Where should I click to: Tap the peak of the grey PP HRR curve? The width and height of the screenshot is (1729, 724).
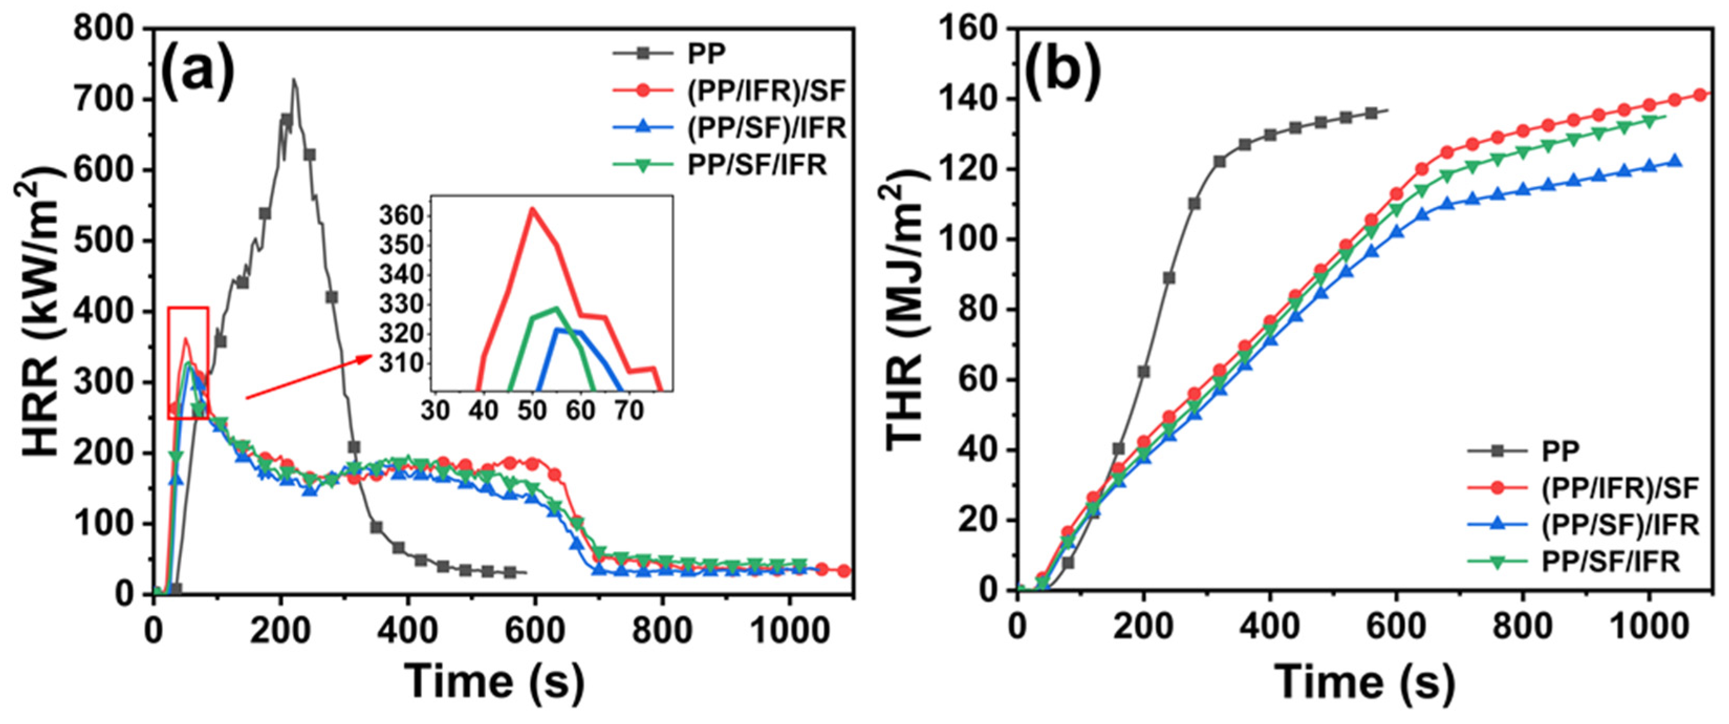click(x=293, y=80)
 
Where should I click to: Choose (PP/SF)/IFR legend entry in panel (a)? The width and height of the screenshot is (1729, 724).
click(x=766, y=127)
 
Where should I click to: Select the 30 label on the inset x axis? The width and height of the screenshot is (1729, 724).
click(x=435, y=410)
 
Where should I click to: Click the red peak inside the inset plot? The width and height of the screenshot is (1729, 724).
click(x=531, y=209)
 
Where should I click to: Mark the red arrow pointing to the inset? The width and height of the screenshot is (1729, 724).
click(x=309, y=378)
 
